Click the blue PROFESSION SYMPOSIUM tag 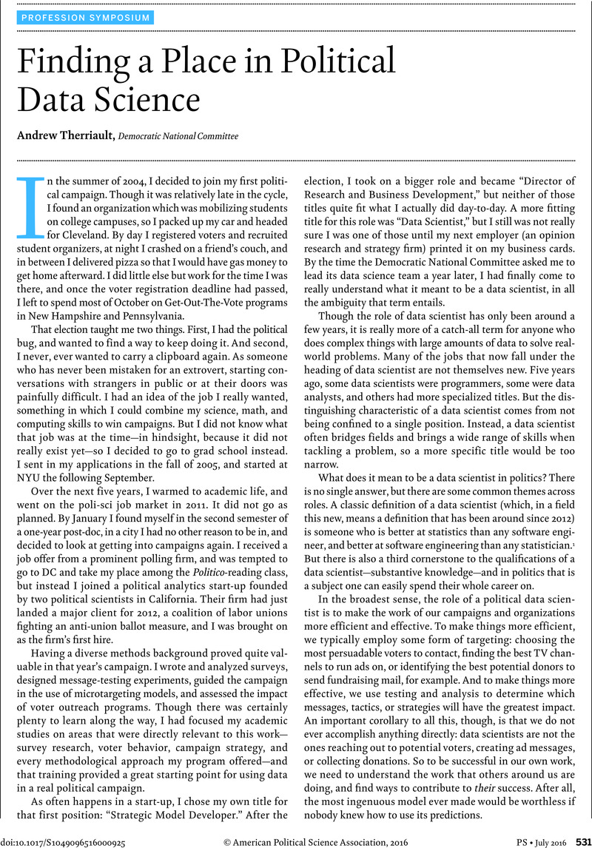pos(86,18)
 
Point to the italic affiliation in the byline pos(178,136)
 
